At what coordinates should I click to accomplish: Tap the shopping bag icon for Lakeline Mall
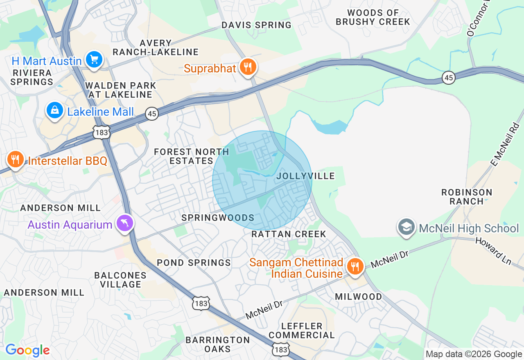click(x=54, y=110)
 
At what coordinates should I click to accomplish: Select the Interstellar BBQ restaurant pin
click(x=16, y=159)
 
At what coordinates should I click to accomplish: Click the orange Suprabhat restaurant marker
click(x=248, y=67)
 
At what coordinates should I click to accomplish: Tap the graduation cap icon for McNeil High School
click(x=407, y=227)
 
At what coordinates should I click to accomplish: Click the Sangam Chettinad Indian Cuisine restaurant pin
click(x=355, y=266)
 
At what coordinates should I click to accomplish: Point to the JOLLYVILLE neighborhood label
click(x=305, y=176)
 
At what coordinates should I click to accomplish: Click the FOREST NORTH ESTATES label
click(x=191, y=156)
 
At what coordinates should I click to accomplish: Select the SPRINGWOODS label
click(x=218, y=218)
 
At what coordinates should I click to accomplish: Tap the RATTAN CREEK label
click(x=289, y=234)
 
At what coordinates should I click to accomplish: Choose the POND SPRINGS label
click(x=194, y=263)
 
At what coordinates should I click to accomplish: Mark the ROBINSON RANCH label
click(x=467, y=197)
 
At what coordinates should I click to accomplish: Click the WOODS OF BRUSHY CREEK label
click(x=373, y=17)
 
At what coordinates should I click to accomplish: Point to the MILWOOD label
click(x=359, y=296)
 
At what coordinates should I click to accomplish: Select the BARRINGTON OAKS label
click(x=217, y=344)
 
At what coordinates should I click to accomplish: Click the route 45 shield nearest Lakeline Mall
click(x=152, y=113)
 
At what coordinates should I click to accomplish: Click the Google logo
click(x=27, y=351)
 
